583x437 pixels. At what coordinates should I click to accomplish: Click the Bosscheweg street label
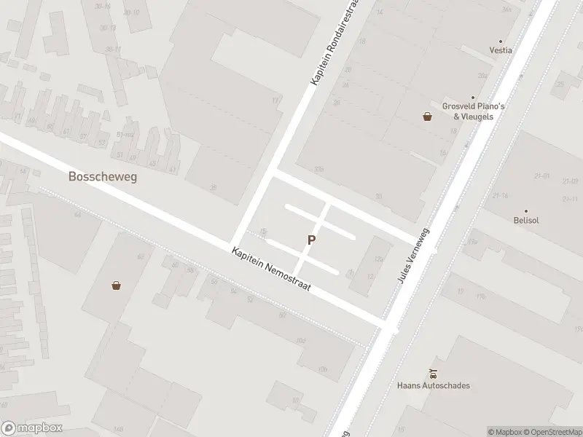pyautogui.click(x=103, y=176)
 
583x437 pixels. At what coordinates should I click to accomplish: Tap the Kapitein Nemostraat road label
pyautogui.click(x=271, y=269)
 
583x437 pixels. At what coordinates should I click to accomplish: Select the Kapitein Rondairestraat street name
pyautogui.click(x=336, y=44)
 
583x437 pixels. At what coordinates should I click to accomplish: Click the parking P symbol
pyautogui.click(x=312, y=240)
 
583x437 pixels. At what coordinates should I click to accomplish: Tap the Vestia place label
pyautogui.click(x=501, y=50)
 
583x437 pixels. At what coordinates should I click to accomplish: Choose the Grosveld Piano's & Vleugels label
pyautogui.click(x=474, y=111)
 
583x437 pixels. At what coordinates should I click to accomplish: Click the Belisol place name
pyautogui.click(x=525, y=219)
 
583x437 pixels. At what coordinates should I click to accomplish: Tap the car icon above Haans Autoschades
pyautogui.click(x=434, y=373)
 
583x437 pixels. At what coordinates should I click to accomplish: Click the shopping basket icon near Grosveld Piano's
pyautogui.click(x=428, y=116)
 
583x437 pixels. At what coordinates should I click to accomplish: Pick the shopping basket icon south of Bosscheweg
pyautogui.click(x=116, y=286)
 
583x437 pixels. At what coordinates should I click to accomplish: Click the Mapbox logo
pyautogui.click(x=31, y=428)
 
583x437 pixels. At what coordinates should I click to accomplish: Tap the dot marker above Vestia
pyautogui.click(x=501, y=42)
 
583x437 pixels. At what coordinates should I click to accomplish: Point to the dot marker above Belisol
pyautogui.click(x=525, y=210)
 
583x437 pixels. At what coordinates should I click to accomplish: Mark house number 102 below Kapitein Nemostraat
pyautogui.click(x=300, y=341)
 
